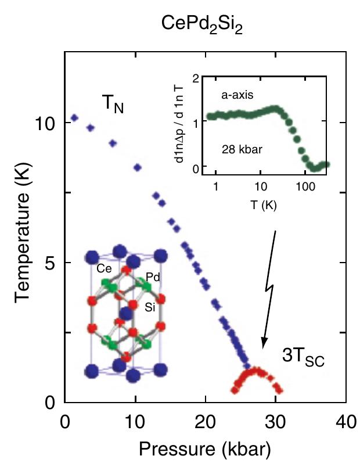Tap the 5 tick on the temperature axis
(x=51, y=263)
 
